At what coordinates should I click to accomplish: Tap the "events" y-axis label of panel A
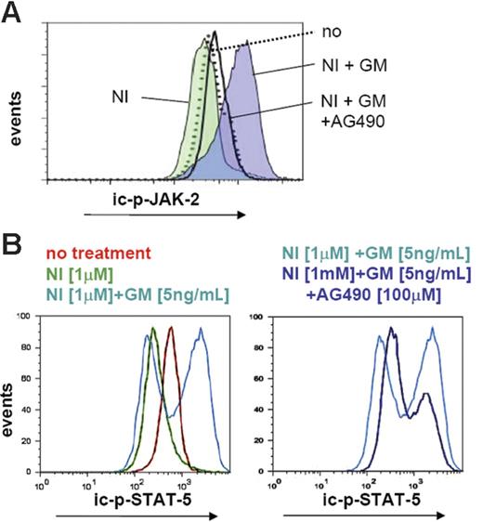point(16,123)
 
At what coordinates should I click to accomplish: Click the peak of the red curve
point(170,328)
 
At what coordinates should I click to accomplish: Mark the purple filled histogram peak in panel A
point(245,51)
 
